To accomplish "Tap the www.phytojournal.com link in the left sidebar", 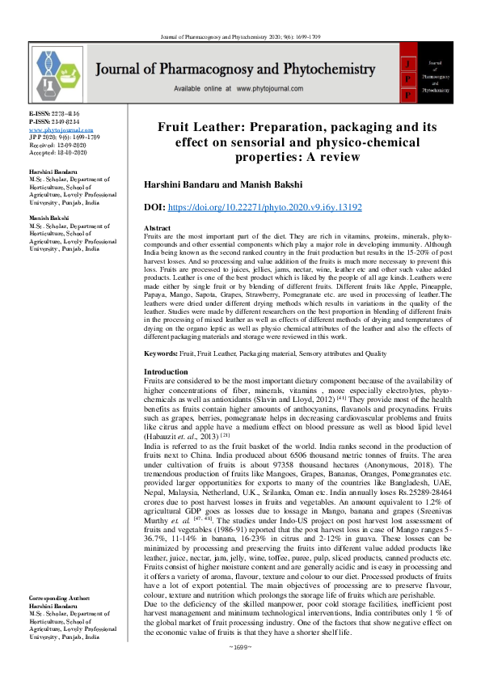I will [61, 130].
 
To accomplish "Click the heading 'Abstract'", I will [156, 229].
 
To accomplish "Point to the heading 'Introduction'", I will [165, 371].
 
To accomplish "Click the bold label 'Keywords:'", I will [161, 354].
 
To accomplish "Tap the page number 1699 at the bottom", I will [240, 670].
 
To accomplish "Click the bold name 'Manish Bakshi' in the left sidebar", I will [50, 218].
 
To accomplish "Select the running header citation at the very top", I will [240, 15].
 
